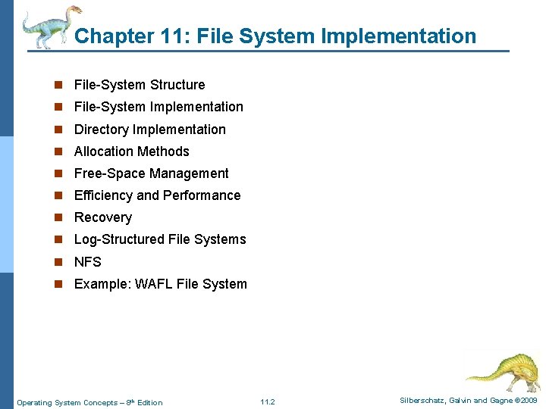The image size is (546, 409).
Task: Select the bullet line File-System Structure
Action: click(x=140, y=85)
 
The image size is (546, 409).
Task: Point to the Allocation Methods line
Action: click(x=132, y=151)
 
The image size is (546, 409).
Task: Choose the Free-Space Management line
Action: click(x=151, y=173)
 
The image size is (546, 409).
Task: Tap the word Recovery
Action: click(x=103, y=217)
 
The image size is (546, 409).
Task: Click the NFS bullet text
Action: click(x=87, y=262)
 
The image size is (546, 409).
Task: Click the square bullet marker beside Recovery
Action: click(x=58, y=218)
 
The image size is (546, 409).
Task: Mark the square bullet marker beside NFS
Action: click(x=58, y=262)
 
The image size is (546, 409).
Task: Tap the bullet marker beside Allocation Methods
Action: click(x=58, y=151)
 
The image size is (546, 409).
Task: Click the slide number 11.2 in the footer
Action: click(x=267, y=401)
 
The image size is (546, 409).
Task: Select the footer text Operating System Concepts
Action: click(x=67, y=402)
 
